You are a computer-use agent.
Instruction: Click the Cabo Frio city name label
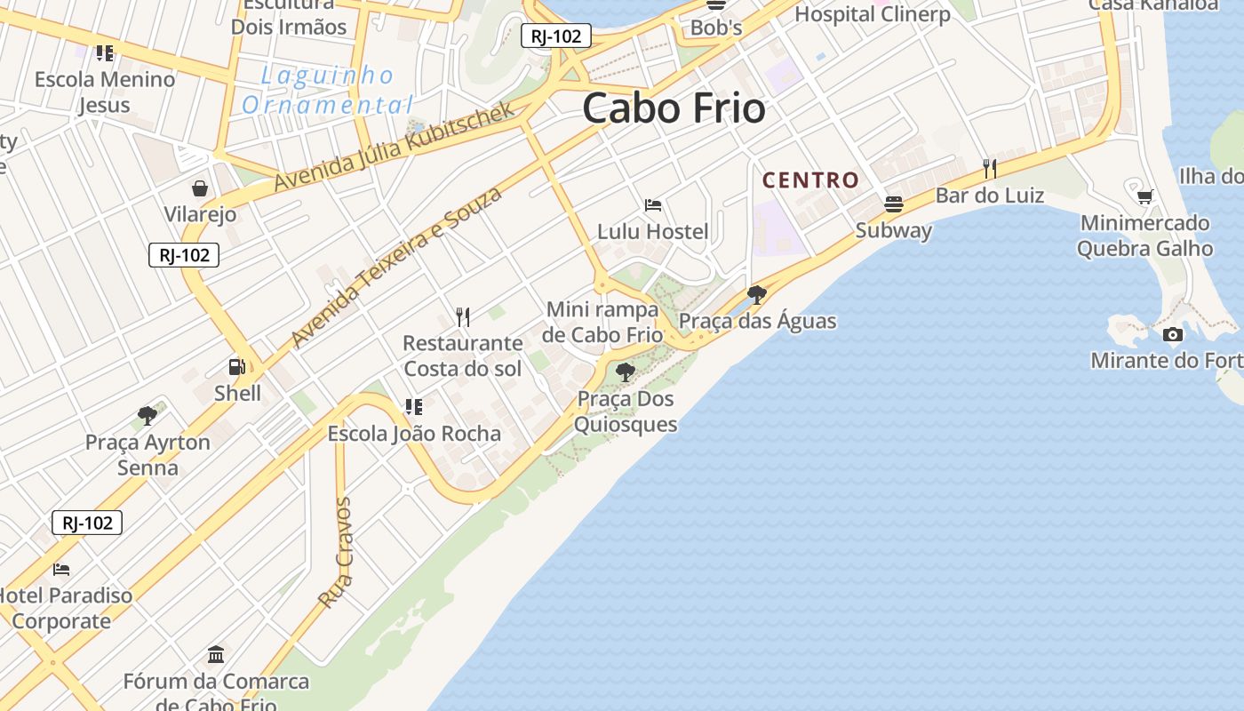(674, 108)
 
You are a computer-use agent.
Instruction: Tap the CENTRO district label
(810, 180)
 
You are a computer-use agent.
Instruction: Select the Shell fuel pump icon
(237, 366)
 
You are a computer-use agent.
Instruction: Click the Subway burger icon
(894, 204)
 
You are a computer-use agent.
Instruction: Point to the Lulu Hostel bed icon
(653, 205)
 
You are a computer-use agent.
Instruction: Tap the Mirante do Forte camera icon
(1173, 334)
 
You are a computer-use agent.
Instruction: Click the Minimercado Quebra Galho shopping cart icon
(1145, 196)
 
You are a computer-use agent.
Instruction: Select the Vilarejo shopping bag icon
(200, 188)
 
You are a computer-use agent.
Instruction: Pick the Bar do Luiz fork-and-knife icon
(989, 168)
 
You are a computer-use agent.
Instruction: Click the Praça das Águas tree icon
(757, 294)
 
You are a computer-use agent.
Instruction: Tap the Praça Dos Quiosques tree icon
(626, 372)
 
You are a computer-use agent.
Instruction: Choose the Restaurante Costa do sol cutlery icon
(462, 316)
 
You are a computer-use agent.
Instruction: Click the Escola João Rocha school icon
(413, 407)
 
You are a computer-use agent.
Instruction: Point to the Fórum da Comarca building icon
(216, 655)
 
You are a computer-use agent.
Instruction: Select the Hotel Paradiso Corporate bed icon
(61, 569)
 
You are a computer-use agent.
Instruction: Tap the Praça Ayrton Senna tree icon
(148, 415)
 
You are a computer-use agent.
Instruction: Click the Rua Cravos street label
(336, 553)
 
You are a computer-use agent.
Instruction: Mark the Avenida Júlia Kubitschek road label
(394, 148)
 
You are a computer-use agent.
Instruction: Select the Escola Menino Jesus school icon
(105, 53)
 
